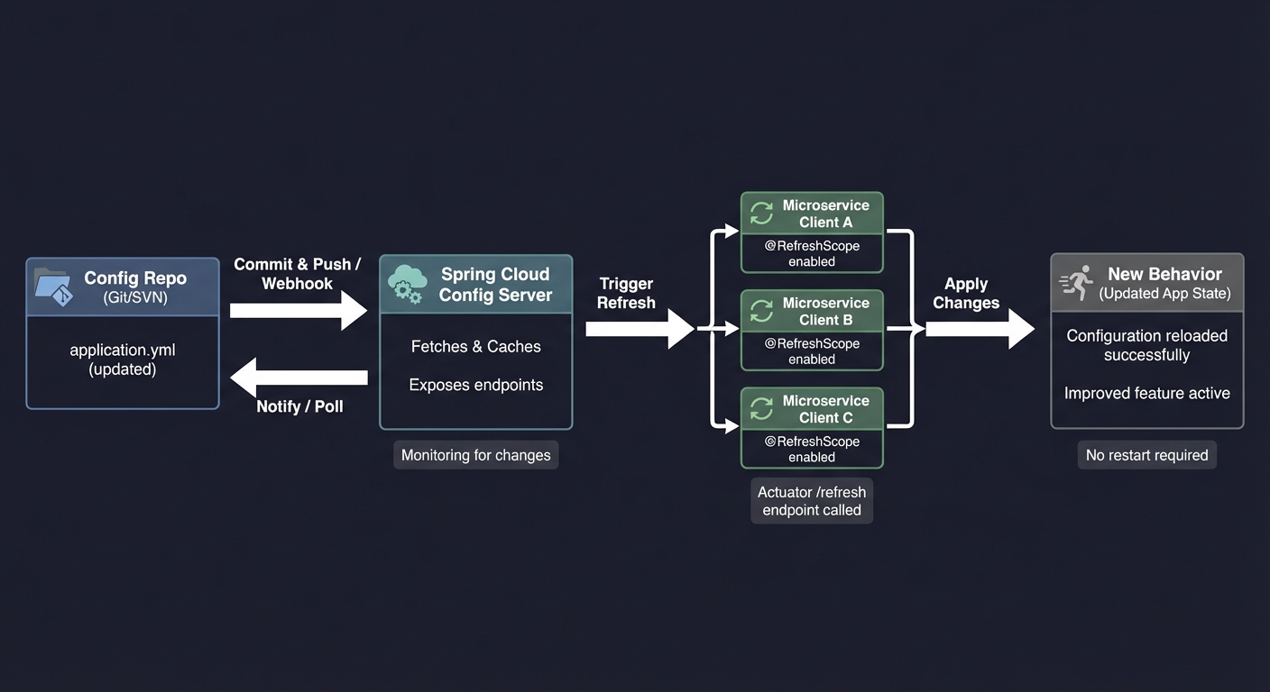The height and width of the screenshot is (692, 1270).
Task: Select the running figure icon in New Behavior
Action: coord(1076,283)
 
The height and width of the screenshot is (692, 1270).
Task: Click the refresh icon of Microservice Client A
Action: coord(762,214)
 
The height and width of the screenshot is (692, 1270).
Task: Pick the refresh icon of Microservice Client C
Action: coord(762,409)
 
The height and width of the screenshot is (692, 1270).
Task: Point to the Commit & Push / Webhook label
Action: coord(297,274)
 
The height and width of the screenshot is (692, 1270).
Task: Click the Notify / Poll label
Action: coord(299,406)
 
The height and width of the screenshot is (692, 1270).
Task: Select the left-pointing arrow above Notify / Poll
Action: coord(298,377)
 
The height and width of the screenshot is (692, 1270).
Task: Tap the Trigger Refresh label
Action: coord(626,293)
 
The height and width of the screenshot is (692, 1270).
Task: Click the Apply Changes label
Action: coord(966,293)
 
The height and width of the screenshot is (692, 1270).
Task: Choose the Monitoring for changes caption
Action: coord(475,455)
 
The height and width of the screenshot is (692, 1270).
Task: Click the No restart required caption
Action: coord(1146,455)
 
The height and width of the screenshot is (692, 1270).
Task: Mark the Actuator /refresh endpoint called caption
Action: coord(811,501)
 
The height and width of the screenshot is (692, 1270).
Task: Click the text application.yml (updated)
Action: coord(123,360)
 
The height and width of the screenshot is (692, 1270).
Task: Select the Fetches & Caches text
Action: coord(475,346)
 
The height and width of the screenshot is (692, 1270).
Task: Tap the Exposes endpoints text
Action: coord(475,385)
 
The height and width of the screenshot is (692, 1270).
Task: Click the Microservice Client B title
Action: coord(825,311)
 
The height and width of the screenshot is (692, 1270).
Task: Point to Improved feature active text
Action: coord(1146,393)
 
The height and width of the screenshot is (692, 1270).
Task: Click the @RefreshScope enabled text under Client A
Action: coord(811,253)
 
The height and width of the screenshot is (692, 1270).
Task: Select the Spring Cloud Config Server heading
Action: coord(494,284)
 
